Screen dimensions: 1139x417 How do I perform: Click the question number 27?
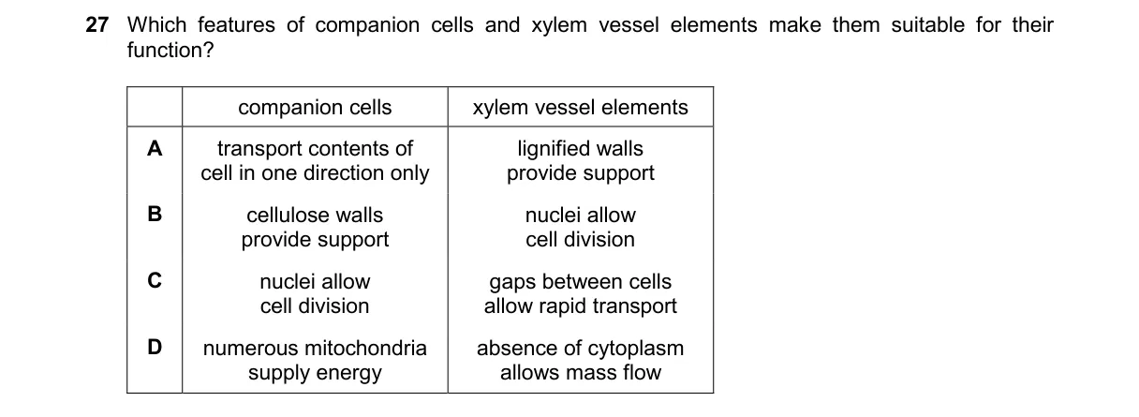(x=97, y=24)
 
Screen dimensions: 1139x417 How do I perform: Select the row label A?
(x=155, y=148)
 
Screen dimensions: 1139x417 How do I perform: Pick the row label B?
(x=155, y=214)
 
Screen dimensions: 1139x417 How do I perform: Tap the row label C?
(x=155, y=281)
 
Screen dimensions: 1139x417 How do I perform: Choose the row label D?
(x=155, y=348)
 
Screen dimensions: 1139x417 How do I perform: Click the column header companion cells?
(x=315, y=108)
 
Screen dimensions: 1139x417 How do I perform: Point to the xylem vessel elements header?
(x=580, y=108)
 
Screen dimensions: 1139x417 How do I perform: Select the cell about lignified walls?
(x=580, y=160)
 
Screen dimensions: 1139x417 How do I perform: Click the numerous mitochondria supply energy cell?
(x=315, y=360)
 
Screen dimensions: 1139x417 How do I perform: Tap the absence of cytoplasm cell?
(x=580, y=360)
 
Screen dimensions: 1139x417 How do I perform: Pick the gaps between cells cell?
(x=580, y=294)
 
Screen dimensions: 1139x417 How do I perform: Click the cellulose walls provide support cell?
(x=315, y=228)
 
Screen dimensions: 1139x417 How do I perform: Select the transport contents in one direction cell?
(x=315, y=160)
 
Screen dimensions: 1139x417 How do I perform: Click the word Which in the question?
(x=156, y=24)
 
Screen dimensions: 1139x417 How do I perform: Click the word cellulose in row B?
(x=288, y=216)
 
